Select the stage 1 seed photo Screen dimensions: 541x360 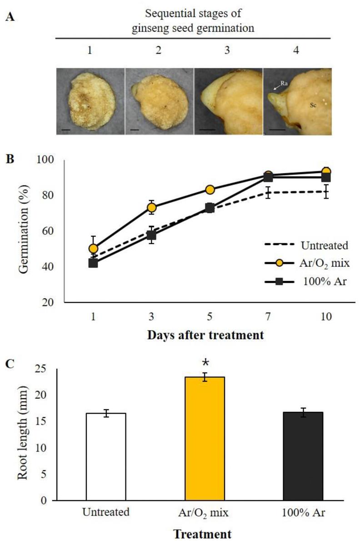tap(90, 101)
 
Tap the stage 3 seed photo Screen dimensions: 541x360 tap(228, 101)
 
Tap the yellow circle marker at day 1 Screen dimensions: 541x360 tap(93, 248)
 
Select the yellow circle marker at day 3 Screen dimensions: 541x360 tap(151, 207)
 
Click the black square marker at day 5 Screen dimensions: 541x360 tap(210, 208)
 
